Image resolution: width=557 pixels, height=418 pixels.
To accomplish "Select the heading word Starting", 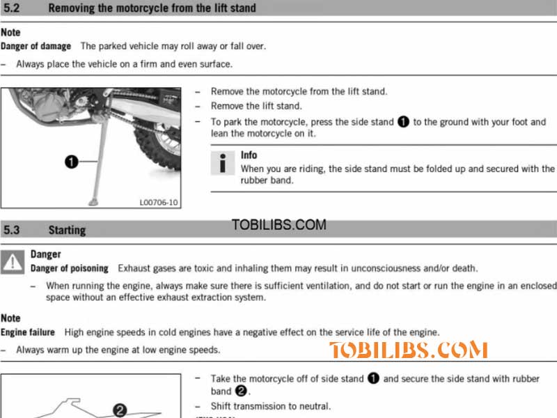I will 67,229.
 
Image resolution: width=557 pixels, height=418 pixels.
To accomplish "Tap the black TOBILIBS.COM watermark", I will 278,225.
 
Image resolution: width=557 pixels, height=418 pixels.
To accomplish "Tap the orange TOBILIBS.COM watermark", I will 408,350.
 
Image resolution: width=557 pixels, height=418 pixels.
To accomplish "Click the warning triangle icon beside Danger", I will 13,262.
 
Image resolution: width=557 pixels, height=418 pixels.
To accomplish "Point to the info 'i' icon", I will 222,162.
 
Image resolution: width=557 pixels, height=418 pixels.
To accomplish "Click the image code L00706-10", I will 159,203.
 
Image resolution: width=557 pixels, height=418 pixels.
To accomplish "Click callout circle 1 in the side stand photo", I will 71,162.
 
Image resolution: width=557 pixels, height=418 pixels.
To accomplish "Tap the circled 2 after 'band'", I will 242,392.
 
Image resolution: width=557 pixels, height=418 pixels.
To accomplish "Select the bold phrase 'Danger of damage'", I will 36,46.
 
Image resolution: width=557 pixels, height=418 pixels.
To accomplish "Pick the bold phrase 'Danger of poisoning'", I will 70,268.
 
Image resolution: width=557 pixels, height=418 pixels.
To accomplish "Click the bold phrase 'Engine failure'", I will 28,332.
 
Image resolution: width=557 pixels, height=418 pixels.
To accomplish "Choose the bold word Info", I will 249,155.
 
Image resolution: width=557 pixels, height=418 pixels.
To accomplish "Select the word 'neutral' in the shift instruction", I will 313,406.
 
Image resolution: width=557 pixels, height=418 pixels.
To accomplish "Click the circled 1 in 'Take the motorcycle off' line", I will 372,379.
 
